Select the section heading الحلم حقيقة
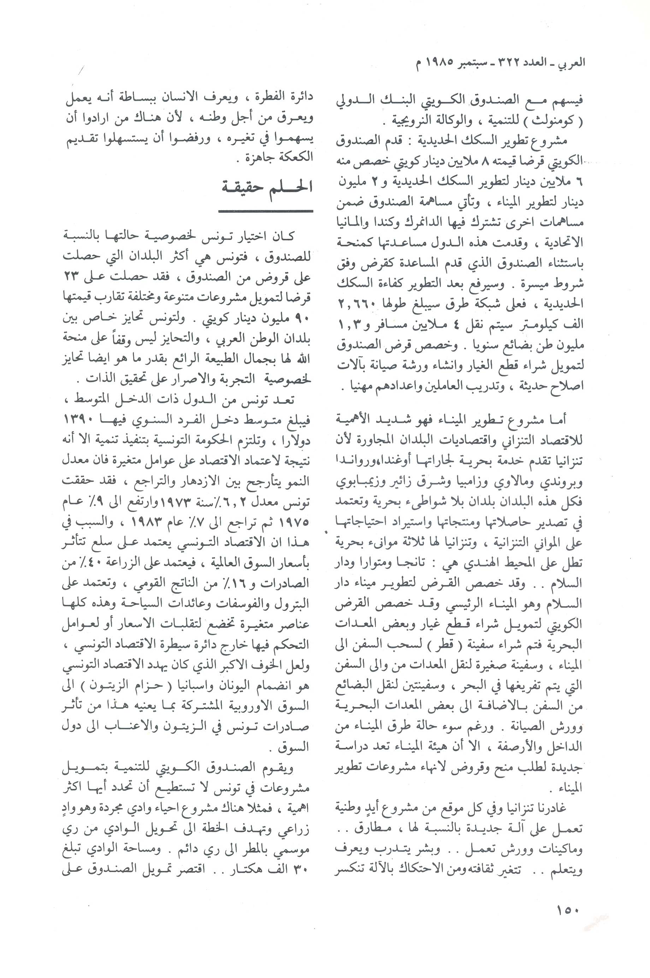point(266,187)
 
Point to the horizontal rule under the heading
point(265,211)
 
